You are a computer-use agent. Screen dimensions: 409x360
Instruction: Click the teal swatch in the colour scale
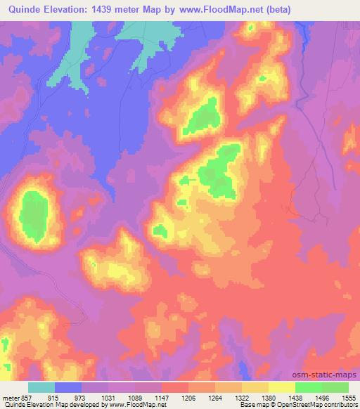click(42, 387)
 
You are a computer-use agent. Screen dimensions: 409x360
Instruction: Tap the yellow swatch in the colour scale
click(282, 387)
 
